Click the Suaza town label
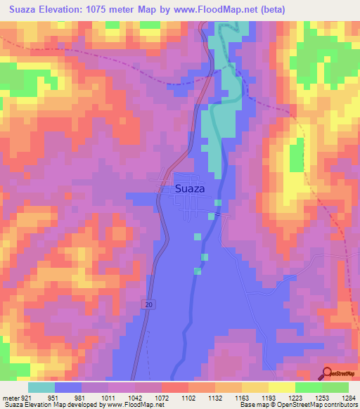pos(191,188)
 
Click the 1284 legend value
pos(349,397)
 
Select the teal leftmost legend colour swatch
pos(41,387)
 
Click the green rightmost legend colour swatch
pos(335,387)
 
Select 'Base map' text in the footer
pos(255,405)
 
